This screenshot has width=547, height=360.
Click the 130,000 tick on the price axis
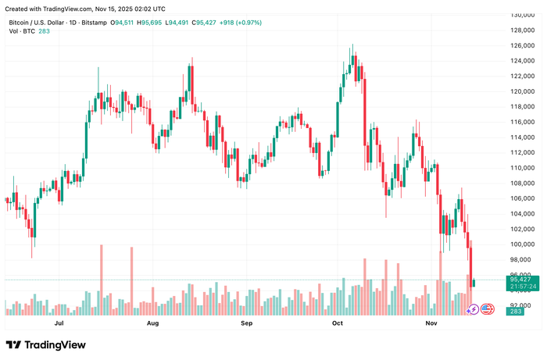click(522, 15)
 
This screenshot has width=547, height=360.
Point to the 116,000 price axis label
click(522, 122)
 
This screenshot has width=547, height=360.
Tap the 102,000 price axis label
click(522, 229)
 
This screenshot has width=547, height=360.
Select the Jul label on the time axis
click(59, 323)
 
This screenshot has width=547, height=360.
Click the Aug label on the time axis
click(152, 323)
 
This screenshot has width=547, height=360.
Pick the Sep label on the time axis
click(246, 323)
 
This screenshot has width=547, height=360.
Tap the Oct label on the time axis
click(338, 323)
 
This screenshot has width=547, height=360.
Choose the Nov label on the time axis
click(431, 323)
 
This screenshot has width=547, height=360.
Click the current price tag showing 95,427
click(520, 279)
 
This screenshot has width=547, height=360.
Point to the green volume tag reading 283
click(515, 312)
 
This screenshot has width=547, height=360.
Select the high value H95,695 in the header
click(152, 23)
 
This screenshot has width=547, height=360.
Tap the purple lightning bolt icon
click(473, 309)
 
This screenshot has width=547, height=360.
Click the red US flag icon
click(486, 309)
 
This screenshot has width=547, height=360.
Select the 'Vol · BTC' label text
click(22, 32)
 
